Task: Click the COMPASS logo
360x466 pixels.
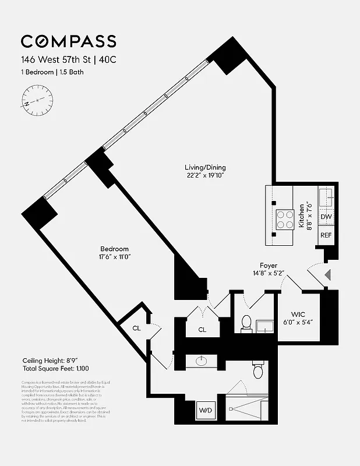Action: pyautogui.click(x=68, y=41)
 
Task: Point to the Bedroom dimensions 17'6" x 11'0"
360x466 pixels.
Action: pyautogui.click(x=121, y=256)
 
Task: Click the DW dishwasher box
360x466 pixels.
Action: pyautogui.click(x=326, y=217)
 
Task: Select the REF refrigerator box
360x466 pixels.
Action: pyautogui.click(x=326, y=235)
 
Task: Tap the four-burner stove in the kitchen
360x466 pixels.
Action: pyautogui.click(x=285, y=220)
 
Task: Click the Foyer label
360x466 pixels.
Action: pyautogui.click(x=268, y=264)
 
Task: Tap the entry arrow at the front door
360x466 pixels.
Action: pyautogui.click(x=327, y=274)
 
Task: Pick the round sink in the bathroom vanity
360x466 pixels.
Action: pyautogui.click(x=202, y=361)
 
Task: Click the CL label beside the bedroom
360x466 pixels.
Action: pyautogui.click(x=136, y=328)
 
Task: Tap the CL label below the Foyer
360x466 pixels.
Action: pyautogui.click(x=202, y=330)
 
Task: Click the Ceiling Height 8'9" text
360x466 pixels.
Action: pyautogui.click(x=44, y=361)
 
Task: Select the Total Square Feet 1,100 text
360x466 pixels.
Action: pyautogui.click(x=49, y=369)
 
